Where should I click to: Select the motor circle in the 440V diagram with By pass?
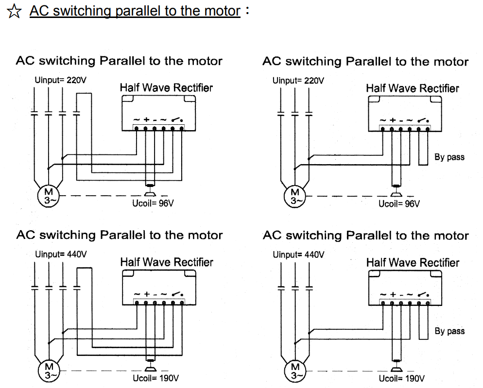click(295, 371)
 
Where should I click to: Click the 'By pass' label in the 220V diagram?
click(449, 157)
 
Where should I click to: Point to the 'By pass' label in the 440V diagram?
click(449, 331)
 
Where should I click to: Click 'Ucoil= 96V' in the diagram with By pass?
click(399, 204)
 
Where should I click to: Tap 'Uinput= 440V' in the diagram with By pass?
click(298, 254)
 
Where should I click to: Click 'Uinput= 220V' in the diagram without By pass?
click(60, 80)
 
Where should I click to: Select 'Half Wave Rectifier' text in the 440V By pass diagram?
click(413, 263)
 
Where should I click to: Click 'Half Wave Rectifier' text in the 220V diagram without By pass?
click(166, 88)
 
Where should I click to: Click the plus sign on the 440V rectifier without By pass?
click(146, 294)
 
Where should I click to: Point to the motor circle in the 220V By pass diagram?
click(295, 196)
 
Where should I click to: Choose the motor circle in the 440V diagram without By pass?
click(48, 371)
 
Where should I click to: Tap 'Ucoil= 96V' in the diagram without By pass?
click(153, 203)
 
